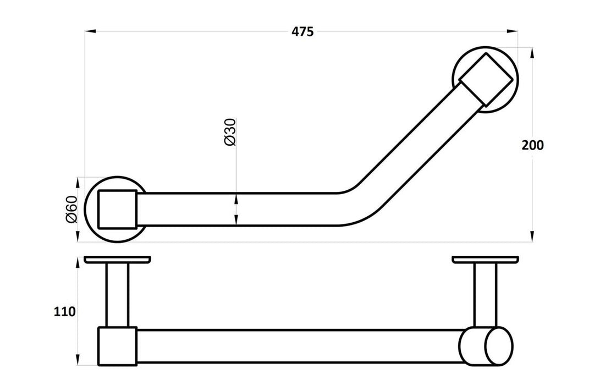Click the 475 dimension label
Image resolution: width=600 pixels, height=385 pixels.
[302, 32]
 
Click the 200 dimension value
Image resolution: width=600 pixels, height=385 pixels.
[532, 145]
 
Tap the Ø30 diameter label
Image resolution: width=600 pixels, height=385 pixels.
[230, 132]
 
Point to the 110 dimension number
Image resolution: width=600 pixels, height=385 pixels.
[64, 312]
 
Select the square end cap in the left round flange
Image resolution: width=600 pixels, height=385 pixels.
[117, 209]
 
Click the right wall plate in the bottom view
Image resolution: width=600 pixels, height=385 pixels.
[485, 259]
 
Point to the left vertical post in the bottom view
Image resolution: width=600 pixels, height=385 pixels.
[117, 294]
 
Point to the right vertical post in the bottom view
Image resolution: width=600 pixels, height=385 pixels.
[485, 294]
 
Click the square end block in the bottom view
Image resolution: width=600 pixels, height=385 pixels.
[117, 345]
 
